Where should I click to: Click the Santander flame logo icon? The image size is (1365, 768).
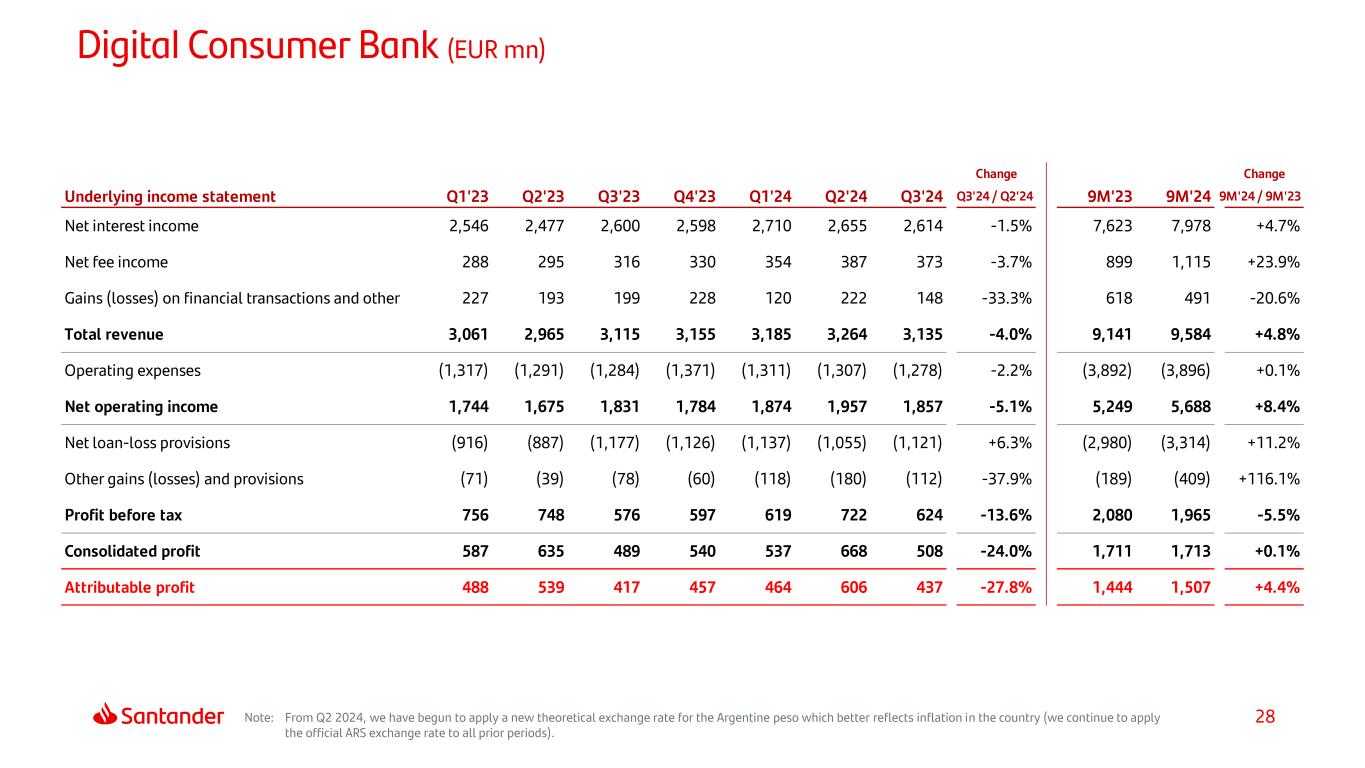click(x=106, y=715)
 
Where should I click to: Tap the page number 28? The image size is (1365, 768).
click(x=1265, y=717)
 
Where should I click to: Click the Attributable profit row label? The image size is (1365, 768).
click(x=129, y=588)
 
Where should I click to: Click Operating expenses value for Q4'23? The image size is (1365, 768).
click(x=690, y=371)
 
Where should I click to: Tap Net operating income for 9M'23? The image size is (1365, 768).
click(x=1110, y=407)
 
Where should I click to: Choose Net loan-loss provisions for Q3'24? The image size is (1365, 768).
click(x=918, y=443)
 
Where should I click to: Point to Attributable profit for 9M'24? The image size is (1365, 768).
click(x=1187, y=588)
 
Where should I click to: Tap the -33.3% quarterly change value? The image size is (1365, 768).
click(x=1006, y=298)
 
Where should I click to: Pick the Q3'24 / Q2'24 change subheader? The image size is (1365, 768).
click(x=995, y=197)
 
